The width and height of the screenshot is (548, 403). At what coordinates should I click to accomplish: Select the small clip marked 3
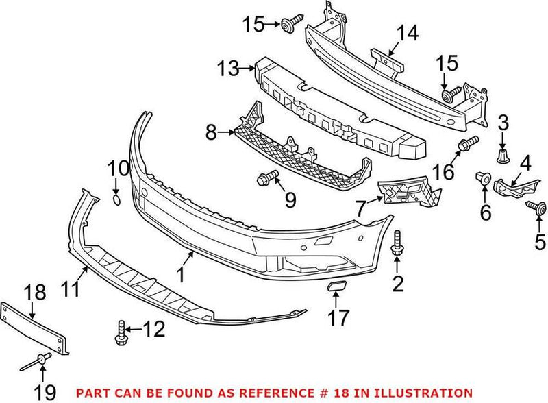click(503, 156)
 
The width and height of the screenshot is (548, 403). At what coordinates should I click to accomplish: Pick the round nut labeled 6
click(484, 180)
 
